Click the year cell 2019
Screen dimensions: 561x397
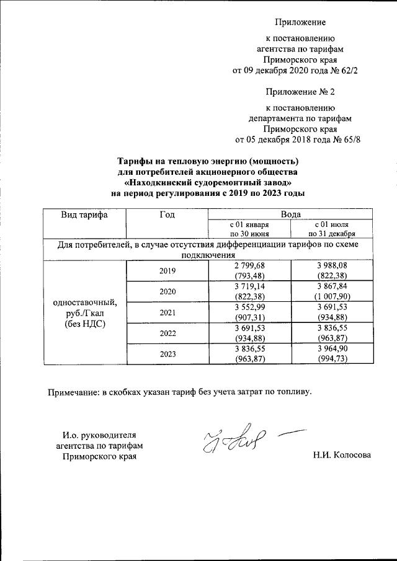pos(166,270)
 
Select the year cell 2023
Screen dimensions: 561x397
pos(166,355)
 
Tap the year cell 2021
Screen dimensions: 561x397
pos(166,312)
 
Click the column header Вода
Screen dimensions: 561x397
pos(290,214)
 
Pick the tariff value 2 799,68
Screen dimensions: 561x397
pos(249,265)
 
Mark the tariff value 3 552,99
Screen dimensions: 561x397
pos(249,307)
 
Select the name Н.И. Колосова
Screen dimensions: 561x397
pos(343,456)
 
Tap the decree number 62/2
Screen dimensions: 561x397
pos(349,71)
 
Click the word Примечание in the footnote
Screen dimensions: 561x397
pos(74,391)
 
